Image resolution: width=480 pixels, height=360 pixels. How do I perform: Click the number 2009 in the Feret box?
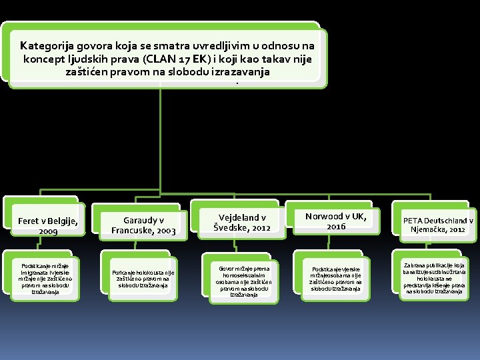coord(48,231)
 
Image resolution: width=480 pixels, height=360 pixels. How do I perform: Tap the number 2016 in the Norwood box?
coord(336,227)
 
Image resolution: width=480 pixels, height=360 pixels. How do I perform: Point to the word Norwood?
coord(326,216)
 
